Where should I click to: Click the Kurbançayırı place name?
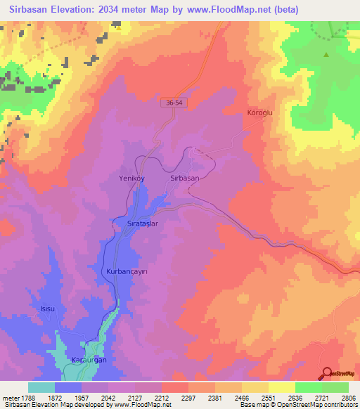click(127, 271)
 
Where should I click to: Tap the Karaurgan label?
click(88, 361)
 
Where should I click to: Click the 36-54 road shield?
click(177, 103)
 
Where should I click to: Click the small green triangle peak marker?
click(326, 54)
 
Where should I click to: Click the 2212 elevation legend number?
click(161, 397)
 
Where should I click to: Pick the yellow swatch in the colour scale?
click(282, 387)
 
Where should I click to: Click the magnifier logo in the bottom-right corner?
click(328, 373)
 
